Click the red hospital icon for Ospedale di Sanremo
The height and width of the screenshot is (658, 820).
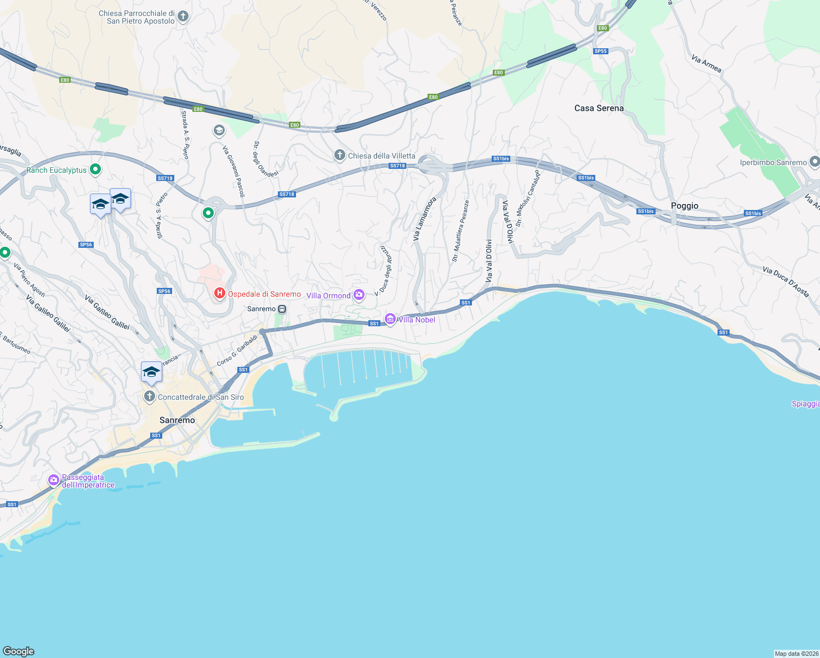220,294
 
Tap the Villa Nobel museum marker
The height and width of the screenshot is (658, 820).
390,319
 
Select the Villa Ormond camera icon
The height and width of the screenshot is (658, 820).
359,296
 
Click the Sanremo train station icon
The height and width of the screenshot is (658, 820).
282,309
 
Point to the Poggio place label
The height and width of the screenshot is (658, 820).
685,206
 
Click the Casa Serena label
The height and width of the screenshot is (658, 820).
599,108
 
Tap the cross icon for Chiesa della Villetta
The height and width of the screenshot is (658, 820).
340,156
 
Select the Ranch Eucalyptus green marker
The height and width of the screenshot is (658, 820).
95,170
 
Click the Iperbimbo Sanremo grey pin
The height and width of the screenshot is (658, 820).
815,162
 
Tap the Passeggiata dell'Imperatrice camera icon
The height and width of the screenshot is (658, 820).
53,480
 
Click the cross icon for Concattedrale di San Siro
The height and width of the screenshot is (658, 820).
149,396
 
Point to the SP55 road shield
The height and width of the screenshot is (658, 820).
601,51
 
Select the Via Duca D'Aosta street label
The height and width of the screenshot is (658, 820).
785,282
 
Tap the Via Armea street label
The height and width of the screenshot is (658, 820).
707,64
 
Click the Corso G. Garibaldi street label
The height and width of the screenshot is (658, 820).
237,351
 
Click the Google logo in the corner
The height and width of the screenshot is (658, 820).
19,651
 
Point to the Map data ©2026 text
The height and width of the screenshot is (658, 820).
796,654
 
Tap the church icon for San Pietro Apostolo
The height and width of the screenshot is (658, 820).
184,16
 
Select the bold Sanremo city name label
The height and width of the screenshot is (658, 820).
177,420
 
